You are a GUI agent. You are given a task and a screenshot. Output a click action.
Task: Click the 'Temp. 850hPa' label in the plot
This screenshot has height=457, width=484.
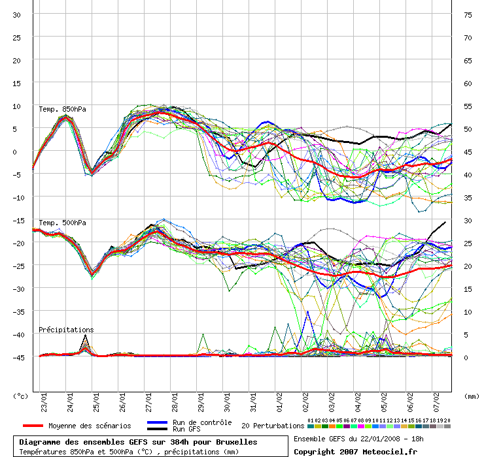pos(62,109)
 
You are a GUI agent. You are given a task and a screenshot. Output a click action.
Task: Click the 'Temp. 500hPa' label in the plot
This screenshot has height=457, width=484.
pos(62,223)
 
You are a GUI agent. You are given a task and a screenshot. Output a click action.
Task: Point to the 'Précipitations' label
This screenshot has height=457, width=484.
pos(66,330)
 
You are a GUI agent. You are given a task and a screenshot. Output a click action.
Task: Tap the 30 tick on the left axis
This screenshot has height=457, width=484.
pos(16,15)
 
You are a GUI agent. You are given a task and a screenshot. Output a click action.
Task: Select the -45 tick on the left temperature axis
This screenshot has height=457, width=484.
pos(18,358)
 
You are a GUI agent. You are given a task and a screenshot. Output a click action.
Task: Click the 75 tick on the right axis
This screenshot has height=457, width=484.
pos(468,15)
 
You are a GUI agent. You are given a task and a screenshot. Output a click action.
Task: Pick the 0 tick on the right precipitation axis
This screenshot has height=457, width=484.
pos(466,358)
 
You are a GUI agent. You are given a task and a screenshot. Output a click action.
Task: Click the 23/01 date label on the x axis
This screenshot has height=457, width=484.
pos(44,402)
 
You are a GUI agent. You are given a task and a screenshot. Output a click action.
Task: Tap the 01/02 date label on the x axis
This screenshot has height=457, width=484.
pos(279,402)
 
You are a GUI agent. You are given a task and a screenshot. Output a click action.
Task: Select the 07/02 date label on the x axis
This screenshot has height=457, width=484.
pos(436,402)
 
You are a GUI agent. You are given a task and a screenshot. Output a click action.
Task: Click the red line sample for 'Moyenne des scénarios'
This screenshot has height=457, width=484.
pos(33,426)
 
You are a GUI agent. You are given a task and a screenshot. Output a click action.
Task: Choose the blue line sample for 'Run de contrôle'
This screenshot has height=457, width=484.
pos(158,422)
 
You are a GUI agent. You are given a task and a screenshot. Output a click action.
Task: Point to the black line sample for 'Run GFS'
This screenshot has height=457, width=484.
pos(158,429)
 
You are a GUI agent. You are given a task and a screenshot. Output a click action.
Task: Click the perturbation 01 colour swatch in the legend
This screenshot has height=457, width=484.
pos(311,426)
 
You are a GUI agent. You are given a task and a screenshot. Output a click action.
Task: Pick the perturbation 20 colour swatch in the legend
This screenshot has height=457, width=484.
pos(447,426)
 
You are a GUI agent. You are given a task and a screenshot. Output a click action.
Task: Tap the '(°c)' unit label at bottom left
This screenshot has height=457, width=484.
pos(20,396)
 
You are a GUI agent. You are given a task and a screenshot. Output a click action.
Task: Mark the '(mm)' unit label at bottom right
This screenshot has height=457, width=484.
pos(472,396)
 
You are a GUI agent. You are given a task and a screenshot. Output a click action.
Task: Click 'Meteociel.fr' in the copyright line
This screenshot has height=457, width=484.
pos(390,452)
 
